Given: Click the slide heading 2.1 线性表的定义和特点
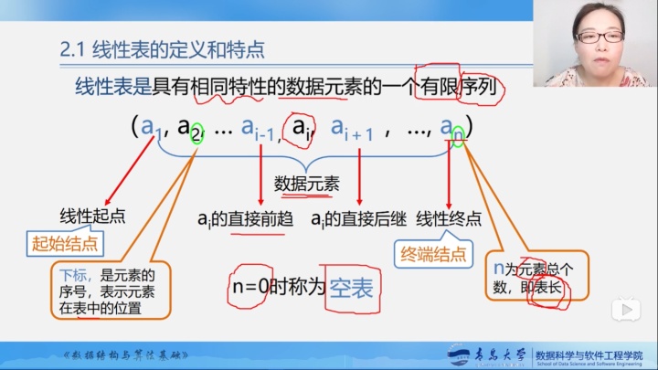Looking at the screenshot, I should [x=157, y=50].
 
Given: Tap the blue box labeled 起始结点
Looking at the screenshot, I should [x=64, y=244].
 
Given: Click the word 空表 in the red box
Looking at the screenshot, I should [x=352, y=288].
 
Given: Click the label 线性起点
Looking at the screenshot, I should [x=92, y=217].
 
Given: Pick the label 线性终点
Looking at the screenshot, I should [x=449, y=218].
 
